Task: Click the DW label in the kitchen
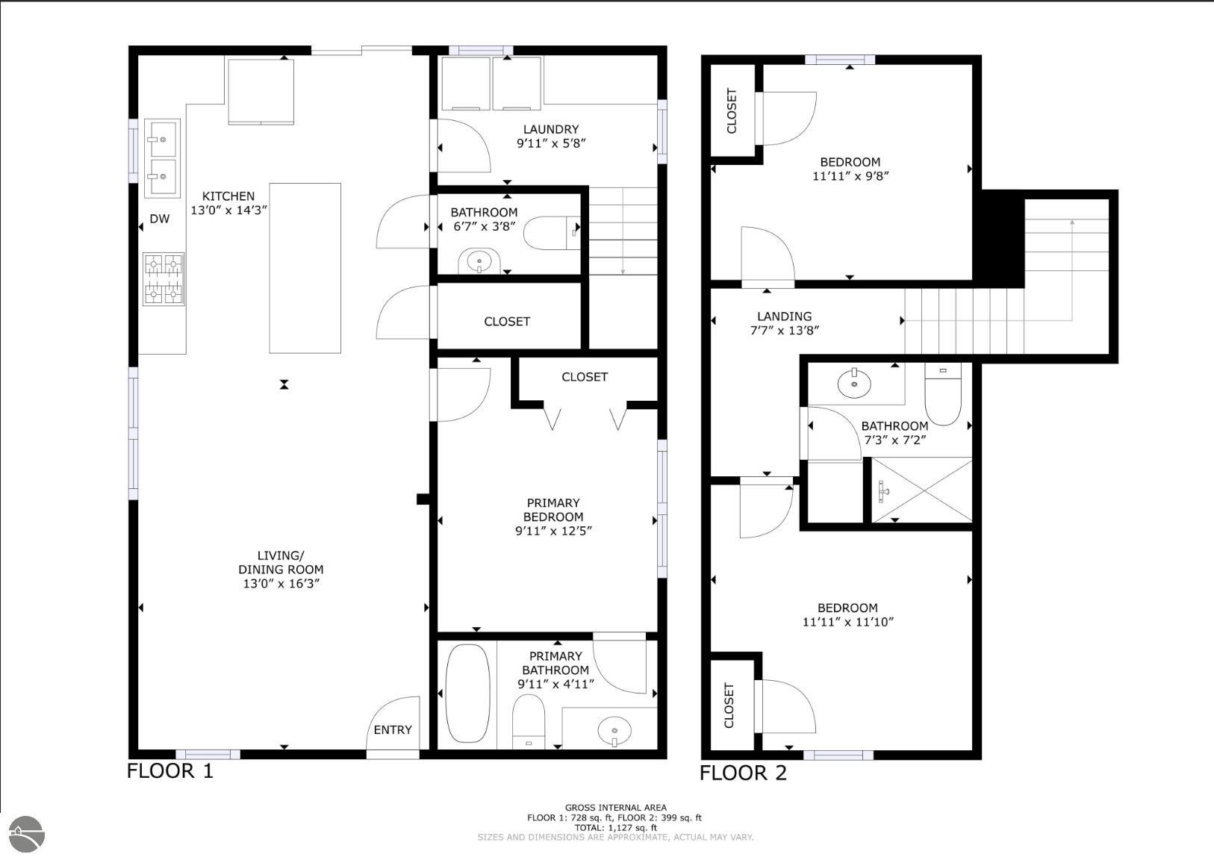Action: point(159,219)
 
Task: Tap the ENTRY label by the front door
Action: point(393,729)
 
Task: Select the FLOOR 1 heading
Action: point(170,771)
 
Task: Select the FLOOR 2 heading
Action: point(743,773)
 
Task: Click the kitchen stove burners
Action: point(164,279)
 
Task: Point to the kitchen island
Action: point(305,268)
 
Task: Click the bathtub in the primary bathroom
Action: point(467,693)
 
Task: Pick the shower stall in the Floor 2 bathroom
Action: point(921,490)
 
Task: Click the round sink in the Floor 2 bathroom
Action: point(854,384)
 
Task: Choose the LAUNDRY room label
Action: point(551,129)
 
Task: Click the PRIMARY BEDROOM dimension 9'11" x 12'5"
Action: point(553,531)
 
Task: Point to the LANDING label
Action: point(784,317)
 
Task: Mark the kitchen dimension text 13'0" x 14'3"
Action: point(228,211)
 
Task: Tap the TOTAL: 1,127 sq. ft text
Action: point(616,828)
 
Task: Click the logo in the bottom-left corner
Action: point(26,835)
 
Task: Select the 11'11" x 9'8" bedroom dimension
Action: point(850,176)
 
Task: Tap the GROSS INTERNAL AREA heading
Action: point(616,808)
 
